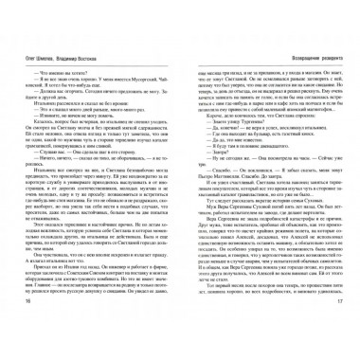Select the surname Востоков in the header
point(89,46)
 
